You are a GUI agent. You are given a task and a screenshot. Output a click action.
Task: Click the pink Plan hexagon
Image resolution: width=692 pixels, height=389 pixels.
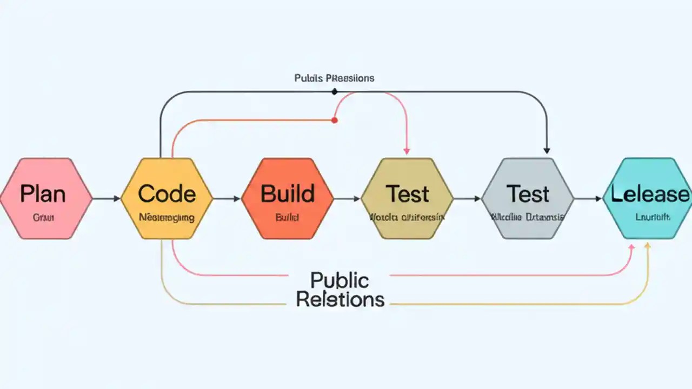(x=45, y=198)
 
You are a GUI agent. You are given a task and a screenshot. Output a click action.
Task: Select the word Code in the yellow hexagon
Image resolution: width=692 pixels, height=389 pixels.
(x=167, y=193)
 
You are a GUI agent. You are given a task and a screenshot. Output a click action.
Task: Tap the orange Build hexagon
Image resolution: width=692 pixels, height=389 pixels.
(x=287, y=198)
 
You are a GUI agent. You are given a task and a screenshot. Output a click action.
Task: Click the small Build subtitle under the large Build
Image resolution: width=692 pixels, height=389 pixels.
(x=287, y=218)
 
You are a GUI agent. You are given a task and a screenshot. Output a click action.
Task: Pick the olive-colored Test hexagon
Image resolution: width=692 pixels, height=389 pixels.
(x=407, y=198)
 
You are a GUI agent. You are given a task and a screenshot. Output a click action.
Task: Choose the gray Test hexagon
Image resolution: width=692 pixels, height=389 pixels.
(x=528, y=198)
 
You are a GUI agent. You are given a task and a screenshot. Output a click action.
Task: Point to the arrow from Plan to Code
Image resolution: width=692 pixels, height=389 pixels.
(x=107, y=199)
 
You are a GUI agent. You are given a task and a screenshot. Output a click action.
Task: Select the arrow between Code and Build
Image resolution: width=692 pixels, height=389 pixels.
(x=227, y=199)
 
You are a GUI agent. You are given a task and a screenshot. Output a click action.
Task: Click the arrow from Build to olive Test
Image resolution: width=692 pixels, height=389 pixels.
(x=347, y=199)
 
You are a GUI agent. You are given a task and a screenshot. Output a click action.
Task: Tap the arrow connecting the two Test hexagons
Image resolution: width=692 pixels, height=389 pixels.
(x=468, y=199)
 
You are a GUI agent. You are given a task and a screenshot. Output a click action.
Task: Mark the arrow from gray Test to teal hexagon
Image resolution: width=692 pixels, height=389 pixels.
(x=588, y=199)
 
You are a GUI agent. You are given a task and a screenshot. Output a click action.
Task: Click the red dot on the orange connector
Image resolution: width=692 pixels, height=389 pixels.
(x=334, y=120)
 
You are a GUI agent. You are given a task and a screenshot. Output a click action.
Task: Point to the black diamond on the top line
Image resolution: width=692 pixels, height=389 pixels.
(x=334, y=92)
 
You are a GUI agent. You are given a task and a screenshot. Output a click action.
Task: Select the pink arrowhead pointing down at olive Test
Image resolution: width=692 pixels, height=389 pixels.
(x=407, y=151)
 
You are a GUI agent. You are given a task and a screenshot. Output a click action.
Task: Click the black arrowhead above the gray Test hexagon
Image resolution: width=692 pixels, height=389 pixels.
(x=547, y=150)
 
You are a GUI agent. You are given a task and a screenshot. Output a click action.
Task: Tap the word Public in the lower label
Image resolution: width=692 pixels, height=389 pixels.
(x=340, y=280)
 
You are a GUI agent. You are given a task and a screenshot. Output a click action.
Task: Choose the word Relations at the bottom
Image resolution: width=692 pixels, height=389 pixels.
(x=340, y=299)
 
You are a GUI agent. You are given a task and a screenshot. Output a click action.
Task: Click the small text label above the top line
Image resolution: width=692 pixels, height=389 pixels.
(x=334, y=78)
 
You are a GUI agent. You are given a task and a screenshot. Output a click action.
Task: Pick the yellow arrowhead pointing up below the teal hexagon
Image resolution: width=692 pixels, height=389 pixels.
(x=648, y=246)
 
